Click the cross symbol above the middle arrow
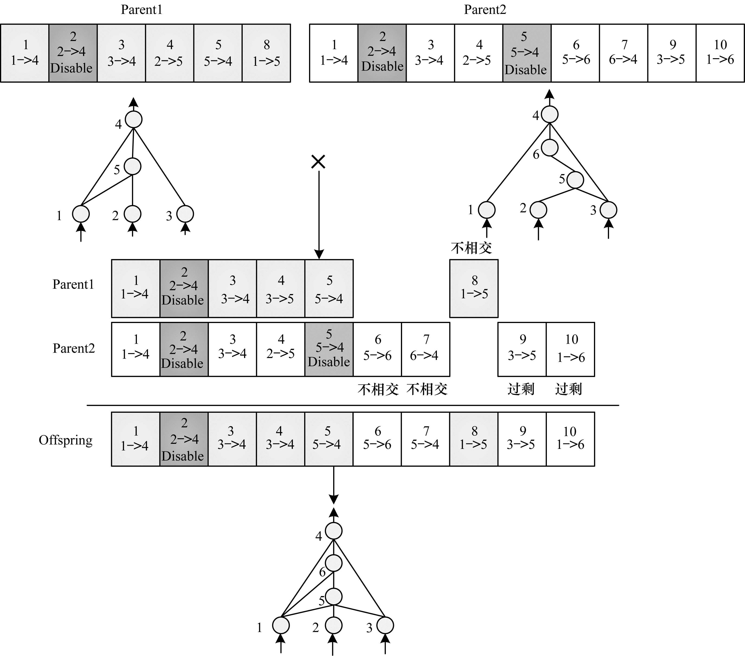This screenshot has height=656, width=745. [x=318, y=162]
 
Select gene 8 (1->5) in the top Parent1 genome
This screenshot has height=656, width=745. [x=266, y=53]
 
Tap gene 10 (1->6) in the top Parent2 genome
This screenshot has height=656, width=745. [x=720, y=53]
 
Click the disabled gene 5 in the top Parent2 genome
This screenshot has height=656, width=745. [x=527, y=53]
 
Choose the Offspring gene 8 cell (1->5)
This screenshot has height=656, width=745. [x=474, y=439]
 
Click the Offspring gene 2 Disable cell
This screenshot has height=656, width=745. [x=184, y=439]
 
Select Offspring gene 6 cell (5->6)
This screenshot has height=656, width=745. [x=377, y=439]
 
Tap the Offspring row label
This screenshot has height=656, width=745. [x=66, y=440]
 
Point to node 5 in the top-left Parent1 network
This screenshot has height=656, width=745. [x=132, y=166]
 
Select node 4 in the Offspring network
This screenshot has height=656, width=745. [x=333, y=531]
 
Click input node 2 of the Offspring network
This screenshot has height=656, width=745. [x=333, y=625]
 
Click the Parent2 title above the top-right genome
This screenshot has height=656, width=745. [x=485, y=10]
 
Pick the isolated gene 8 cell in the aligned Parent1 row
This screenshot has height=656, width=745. [x=474, y=288]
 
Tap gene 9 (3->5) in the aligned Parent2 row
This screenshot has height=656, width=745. [x=522, y=349]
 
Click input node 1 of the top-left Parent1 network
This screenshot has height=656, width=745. [x=81, y=214]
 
